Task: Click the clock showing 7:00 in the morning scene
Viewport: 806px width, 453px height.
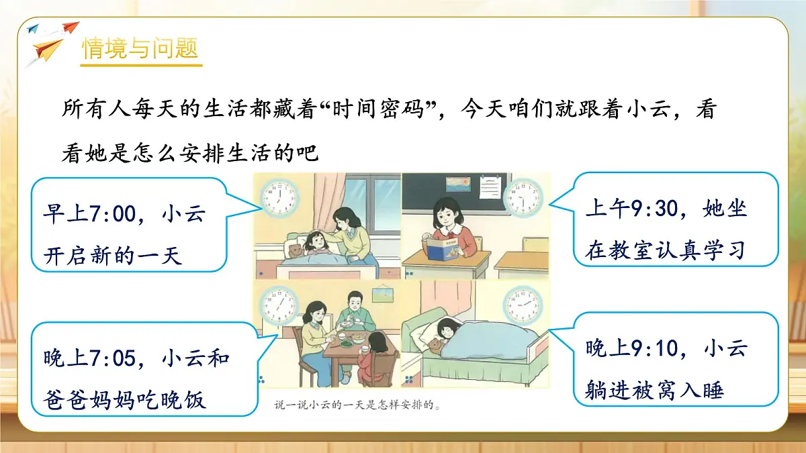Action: pyautogui.click(x=277, y=197)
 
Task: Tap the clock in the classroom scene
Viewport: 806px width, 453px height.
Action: pyautogui.click(x=523, y=197)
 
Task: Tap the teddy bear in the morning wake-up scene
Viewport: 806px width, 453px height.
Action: pyautogui.click(x=294, y=252)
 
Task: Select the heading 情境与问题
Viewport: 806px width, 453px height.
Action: pyautogui.click(x=140, y=49)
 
